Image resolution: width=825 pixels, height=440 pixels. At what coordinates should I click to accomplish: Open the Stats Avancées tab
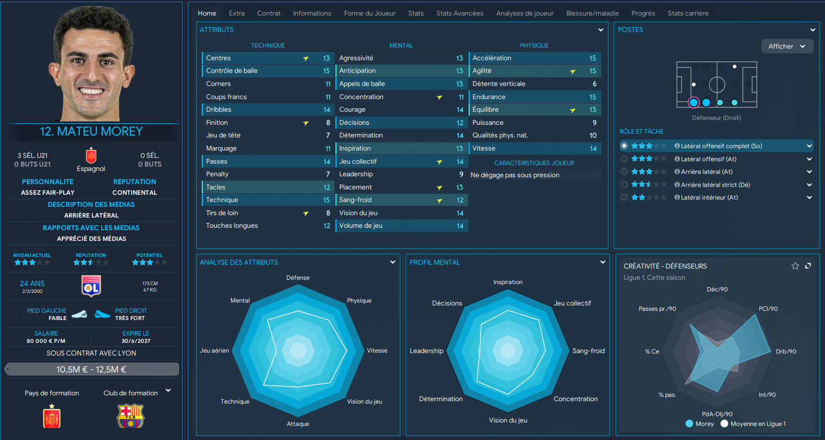pyautogui.click(x=459, y=13)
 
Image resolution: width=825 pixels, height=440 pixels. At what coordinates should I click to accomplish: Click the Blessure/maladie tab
pyautogui.click(x=592, y=13)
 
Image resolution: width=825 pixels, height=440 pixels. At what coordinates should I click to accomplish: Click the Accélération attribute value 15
pyautogui.click(x=593, y=58)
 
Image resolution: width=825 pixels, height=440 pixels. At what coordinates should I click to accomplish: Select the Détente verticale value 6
pyautogui.click(x=595, y=84)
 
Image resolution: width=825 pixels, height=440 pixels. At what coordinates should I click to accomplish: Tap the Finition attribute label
pyautogui.click(x=217, y=123)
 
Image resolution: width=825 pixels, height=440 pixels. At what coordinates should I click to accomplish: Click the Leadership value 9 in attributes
pyautogui.click(x=461, y=174)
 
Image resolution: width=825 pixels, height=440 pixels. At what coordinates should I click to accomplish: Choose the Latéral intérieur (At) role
pyautogui.click(x=709, y=198)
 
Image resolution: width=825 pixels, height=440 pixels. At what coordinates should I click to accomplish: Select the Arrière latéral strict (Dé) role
pyautogui.click(x=715, y=185)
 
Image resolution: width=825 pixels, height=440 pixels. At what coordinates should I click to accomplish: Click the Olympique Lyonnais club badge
pyautogui.click(x=91, y=286)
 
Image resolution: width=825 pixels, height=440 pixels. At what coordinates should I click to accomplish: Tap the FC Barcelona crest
pyautogui.click(x=131, y=416)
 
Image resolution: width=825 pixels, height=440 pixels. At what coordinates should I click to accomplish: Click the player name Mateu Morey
pyautogui.click(x=91, y=132)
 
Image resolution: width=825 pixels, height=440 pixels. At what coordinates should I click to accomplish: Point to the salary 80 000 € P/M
pyautogui.click(x=46, y=341)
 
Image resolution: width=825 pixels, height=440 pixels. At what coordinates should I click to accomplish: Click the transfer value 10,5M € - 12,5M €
pyautogui.click(x=91, y=370)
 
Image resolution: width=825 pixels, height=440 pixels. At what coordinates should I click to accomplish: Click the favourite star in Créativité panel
pyautogui.click(x=795, y=266)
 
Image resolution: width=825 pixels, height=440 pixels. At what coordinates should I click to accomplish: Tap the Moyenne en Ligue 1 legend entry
pyautogui.click(x=757, y=424)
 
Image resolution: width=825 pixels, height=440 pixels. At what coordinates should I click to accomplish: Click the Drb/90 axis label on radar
pyautogui.click(x=786, y=352)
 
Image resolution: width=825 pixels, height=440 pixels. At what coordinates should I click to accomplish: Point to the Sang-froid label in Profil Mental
pyautogui.click(x=588, y=351)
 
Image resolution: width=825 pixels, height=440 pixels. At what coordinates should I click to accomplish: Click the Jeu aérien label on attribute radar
pyautogui.click(x=214, y=351)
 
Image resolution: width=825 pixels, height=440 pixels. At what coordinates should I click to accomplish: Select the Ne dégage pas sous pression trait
pyautogui.click(x=515, y=175)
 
